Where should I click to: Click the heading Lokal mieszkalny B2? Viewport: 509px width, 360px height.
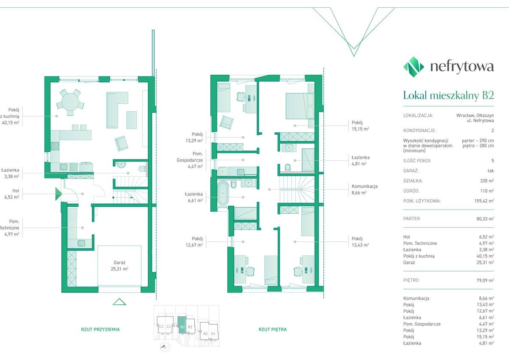(x=448, y=96)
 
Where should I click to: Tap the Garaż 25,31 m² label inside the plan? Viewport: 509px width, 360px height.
(x=119, y=266)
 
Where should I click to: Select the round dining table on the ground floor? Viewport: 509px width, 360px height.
(x=70, y=102)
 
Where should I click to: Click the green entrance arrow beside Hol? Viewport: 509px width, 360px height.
(x=59, y=193)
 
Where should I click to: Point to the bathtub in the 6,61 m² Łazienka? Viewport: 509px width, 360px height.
(x=223, y=193)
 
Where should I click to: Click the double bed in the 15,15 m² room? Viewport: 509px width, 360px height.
(x=300, y=106)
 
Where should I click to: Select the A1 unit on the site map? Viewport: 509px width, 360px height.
(x=213, y=333)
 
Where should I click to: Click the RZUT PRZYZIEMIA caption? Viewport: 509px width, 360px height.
(x=100, y=329)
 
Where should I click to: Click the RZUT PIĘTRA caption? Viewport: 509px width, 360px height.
(x=273, y=329)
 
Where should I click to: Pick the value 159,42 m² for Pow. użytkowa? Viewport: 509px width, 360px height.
(x=484, y=201)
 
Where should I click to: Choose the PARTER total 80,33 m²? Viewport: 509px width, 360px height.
(x=485, y=219)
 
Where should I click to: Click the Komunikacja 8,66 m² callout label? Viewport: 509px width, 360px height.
(x=365, y=190)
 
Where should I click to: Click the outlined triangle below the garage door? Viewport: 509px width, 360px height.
(x=119, y=302)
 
